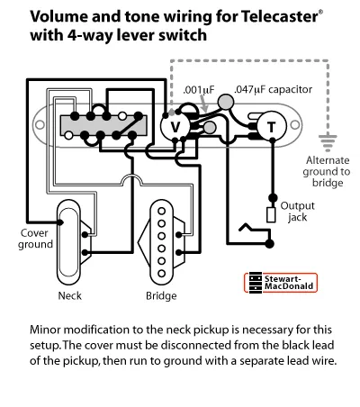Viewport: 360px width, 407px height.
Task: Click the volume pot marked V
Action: (x=175, y=127)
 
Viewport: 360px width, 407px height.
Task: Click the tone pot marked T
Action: (x=272, y=126)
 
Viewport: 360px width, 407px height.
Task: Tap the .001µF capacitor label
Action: (x=199, y=90)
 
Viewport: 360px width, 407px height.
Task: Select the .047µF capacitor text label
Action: (x=273, y=89)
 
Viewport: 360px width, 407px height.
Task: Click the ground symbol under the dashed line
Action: (x=328, y=142)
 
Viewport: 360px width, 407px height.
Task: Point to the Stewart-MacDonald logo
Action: (x=281, y=283)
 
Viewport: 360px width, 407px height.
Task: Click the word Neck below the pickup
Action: (x=69, y=295)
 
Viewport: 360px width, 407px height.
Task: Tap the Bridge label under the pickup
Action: (x=161, y=296)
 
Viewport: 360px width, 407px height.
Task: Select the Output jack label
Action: (x=297, y=212)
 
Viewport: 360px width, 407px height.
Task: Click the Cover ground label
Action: (x=35, y=239)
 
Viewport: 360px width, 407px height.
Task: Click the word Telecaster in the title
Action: (x=279, y=16)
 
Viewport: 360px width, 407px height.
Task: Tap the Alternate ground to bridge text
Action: (x=327, y=171)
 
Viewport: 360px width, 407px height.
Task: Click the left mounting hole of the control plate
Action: (x=40, y=125)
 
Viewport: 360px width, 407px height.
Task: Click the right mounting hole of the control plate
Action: (x=295, y=125)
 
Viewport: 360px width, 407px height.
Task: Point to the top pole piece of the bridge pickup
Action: (x=162, y=211)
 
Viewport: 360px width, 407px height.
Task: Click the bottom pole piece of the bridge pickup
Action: (x=162, y=274)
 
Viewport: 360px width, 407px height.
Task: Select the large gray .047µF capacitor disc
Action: (x=226, y=102)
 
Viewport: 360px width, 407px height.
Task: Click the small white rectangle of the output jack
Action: (x=271, y=215)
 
